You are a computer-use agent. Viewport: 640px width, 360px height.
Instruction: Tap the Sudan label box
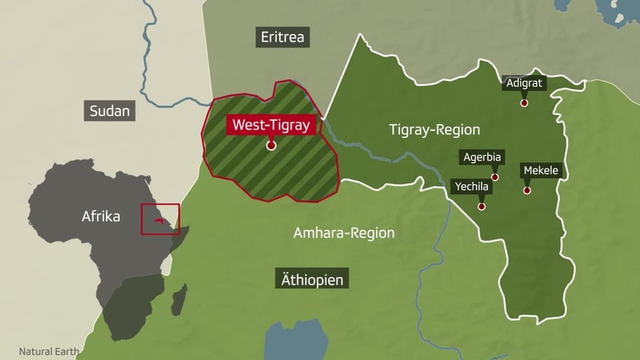coord(111,111)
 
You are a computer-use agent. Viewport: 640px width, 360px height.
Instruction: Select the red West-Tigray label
coord(271,125)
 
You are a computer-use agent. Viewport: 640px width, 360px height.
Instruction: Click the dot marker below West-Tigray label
coord(271,145)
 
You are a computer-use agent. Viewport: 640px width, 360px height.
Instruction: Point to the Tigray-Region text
coord(435,130)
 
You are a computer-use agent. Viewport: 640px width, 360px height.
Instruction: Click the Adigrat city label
coord(525,84)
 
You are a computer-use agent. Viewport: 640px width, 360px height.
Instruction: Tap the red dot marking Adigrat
coord(525,103)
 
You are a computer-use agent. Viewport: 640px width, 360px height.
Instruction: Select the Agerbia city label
coord(482,158)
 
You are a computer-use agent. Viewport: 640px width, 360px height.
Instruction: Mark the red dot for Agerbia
coord(495,177)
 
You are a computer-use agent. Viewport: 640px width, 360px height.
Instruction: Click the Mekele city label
coord(541,171)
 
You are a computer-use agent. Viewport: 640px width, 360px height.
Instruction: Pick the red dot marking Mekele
coord(527,190)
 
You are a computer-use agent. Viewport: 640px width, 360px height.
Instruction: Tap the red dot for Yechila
coord(481,206)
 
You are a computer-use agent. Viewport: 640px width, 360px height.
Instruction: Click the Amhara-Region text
coord(344,233)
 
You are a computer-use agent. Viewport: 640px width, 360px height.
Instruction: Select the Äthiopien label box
coord(312,279)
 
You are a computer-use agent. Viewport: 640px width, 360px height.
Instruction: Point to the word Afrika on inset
coord(101,216)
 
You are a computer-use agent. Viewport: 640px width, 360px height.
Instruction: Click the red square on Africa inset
coord(160,219)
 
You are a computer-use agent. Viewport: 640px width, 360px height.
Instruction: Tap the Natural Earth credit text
coord(49,351)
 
